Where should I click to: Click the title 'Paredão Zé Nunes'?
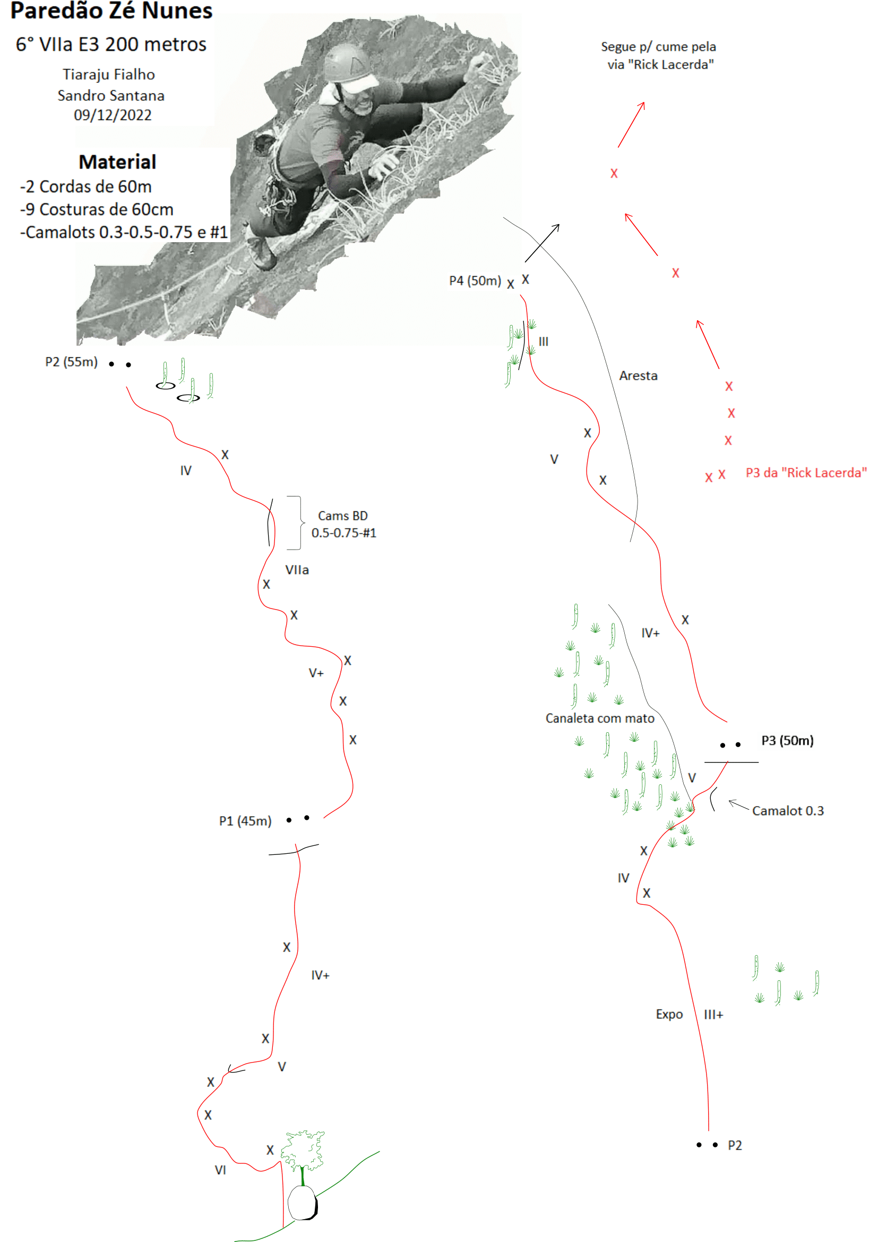pyautogui.click(x=111, y=10)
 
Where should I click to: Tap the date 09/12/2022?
pyautogui.click(x=113, y=115)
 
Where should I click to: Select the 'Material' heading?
pyautogui.click(x=117, y=162)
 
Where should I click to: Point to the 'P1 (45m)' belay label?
pyautogui.click(x=245, y=820)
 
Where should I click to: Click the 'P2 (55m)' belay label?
pyautogui.click(x=71, y=362)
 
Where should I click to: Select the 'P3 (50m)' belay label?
pyautogui.click(x=787, y=740)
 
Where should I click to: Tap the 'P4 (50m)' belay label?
pyautogui.click(x=475, y=280)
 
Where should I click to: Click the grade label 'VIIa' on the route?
pyautogui.click(x=297, y=570)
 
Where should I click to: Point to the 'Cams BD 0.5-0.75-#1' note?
pyautogui.click(x=343, y=524)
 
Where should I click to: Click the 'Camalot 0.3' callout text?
pyautogui.click(x=788, y=810)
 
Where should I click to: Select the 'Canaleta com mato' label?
pyautogui.click(x=599, y=718)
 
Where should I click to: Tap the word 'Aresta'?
pyautogui.click(x=639, y=375)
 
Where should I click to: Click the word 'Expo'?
pyautogui.click(x=669, y=1014)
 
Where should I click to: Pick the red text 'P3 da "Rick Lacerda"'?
pyautogui.click(x=806, y=472)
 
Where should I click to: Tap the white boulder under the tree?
pyautogui.click(x=302, y=1203)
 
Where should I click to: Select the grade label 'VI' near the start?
pyautogui.click(x=220, y=1169)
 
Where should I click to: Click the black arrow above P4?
pyautogui.click(x=543, y=243)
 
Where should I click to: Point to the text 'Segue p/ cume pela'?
pyautogui.click(x=658, y=47)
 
